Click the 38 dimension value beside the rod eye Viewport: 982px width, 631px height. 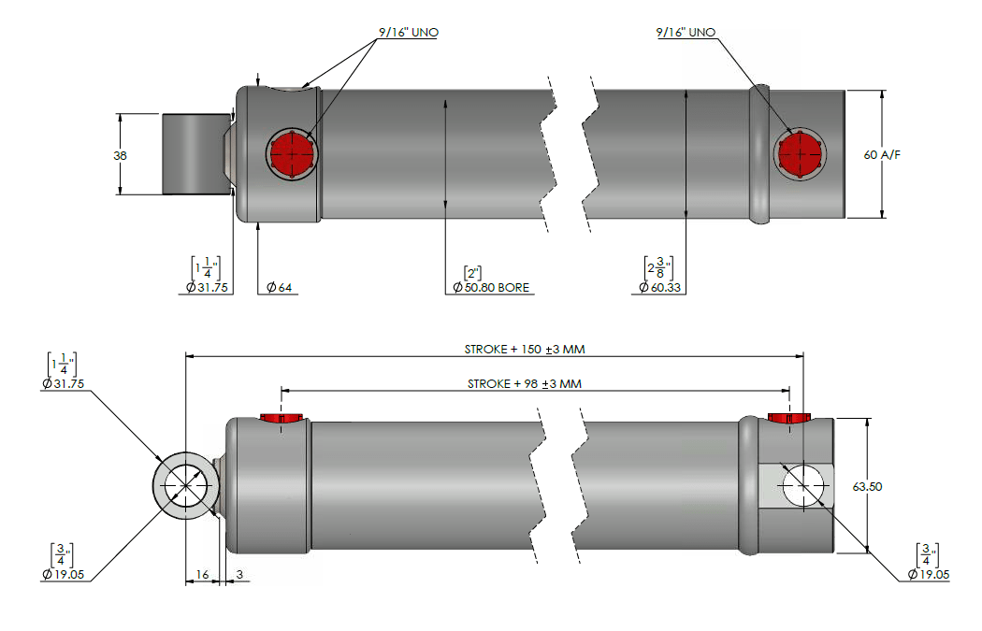click(120, 155)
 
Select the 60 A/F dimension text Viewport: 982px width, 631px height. click(883, 154)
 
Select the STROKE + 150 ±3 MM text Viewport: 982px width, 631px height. click(525, 349)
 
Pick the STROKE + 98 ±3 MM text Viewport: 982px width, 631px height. click(525, 383)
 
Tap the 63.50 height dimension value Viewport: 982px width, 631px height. click(868, 486)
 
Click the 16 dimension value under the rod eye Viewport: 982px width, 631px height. click(202, 575)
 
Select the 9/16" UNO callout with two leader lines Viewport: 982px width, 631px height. click(408, 33)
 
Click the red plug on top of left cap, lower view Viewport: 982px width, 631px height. click(282, 417)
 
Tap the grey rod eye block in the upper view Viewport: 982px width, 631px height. click(195, 154)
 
